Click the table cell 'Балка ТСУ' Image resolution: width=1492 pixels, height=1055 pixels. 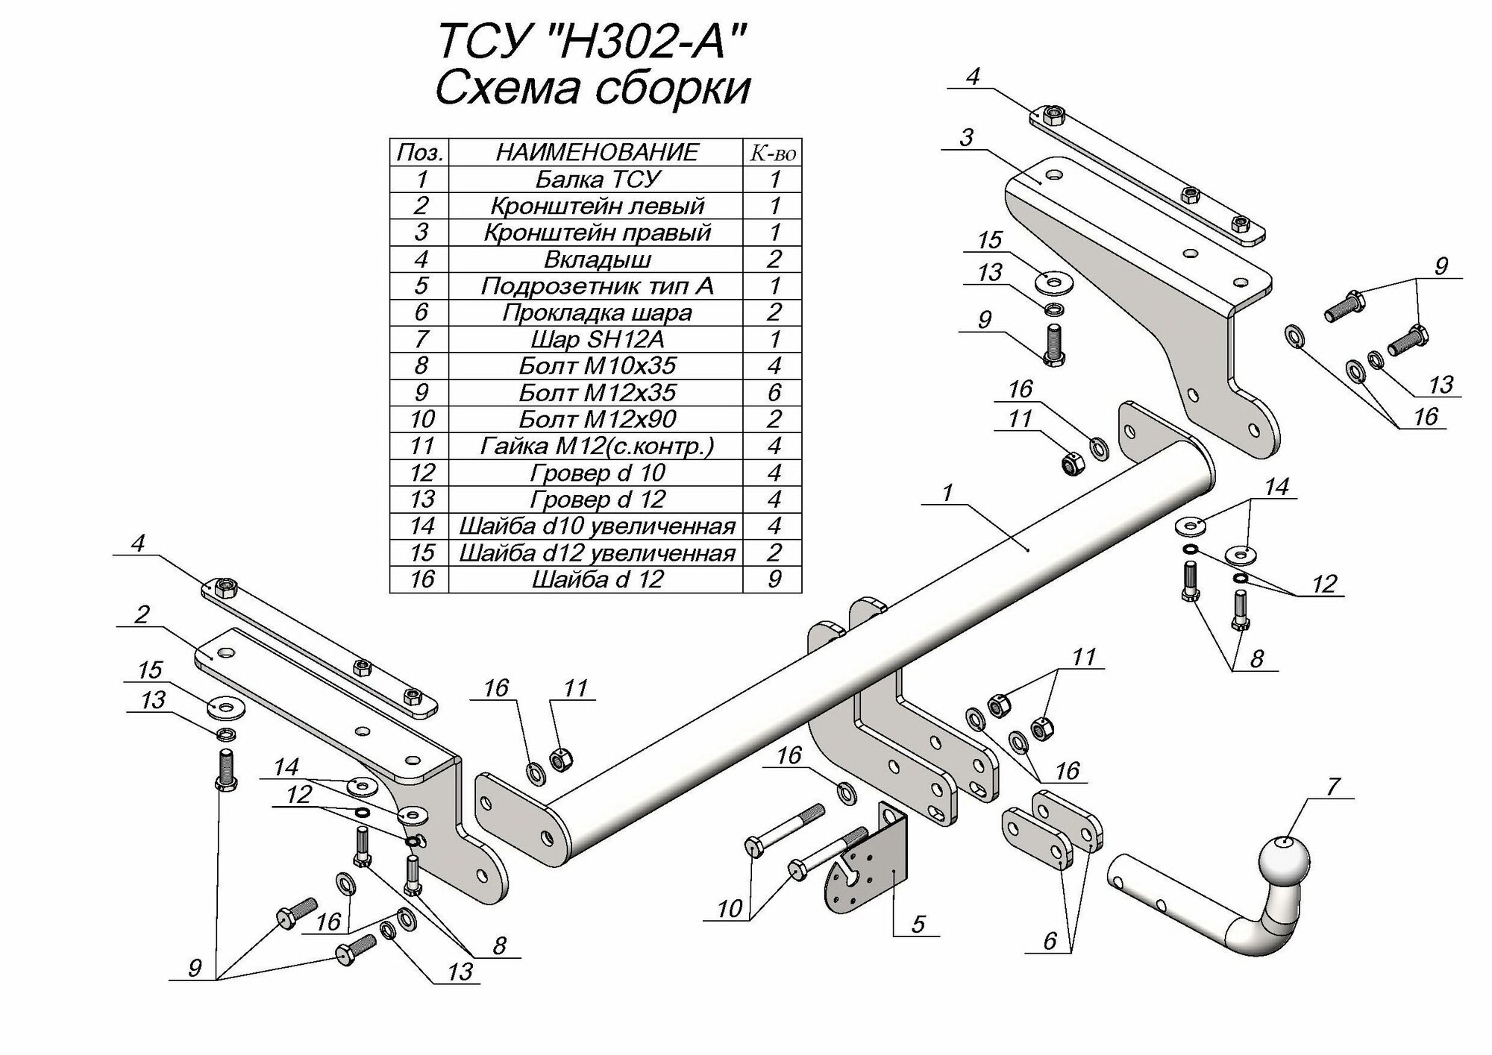(597, 179)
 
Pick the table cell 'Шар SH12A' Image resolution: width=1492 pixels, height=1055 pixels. (597, 339)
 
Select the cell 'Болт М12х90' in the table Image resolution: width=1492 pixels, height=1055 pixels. (597, 419)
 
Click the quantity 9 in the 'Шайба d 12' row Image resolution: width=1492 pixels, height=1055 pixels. (774, 579)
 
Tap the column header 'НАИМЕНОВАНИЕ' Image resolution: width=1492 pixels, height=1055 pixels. (597, 152)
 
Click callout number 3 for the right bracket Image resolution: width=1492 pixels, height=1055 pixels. (967, 137)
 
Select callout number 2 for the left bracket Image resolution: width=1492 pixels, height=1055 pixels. (142, 614)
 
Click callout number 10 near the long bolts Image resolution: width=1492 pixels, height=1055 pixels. (730, 908)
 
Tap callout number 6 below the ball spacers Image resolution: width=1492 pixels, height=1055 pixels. (1050, 941)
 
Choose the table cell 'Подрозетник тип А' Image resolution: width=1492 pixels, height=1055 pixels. (597, 286)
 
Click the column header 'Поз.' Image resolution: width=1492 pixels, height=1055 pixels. (420, 152)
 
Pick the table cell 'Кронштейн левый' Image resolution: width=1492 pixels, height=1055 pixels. (597, 206)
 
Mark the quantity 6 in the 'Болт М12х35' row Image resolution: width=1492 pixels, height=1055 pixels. (774, 392)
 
